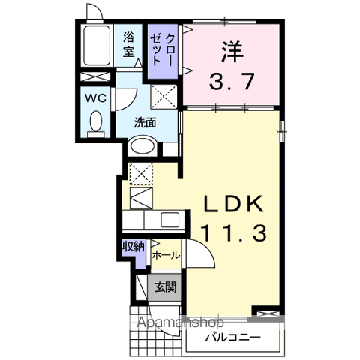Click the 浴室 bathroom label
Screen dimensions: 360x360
128,43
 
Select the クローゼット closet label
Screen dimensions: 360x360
165,52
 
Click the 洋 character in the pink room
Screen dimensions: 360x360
232,52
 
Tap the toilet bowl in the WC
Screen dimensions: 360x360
97,123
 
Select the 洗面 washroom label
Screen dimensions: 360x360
145,123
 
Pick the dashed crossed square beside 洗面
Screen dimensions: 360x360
163,95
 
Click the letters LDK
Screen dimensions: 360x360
232,204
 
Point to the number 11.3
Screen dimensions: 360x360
232,234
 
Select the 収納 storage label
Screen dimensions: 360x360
133,246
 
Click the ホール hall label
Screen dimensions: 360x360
166,256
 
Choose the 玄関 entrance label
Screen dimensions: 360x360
166,286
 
